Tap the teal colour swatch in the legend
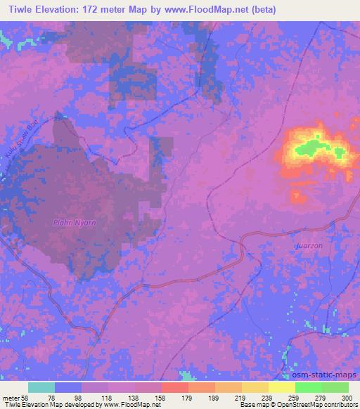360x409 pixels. pos(41,388)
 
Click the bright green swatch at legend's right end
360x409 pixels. pos(335,388)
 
